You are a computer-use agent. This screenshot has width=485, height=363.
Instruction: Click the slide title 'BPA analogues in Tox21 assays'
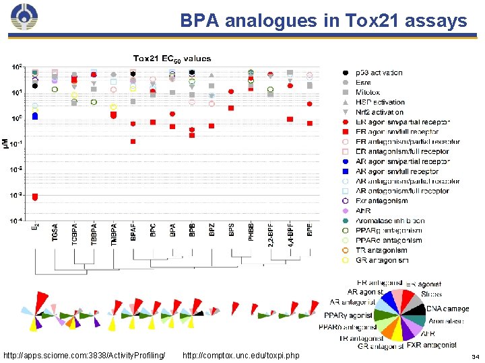click(x=323, y=21)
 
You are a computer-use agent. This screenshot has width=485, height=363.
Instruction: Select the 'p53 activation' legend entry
click(x=379, y=73)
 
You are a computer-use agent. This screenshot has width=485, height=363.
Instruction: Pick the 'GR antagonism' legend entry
click(x=383, y=260)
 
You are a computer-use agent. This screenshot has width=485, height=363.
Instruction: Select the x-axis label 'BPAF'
click(x=133, y=232)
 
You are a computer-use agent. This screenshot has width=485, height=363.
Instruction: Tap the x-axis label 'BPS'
click(x=231, y=230)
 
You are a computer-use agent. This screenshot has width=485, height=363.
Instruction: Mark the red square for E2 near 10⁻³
click(x=35, y=196)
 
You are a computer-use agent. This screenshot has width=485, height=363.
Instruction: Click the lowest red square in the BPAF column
click(x=133, y=141)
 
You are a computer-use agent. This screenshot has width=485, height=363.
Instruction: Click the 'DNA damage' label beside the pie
click(x=447, y=309)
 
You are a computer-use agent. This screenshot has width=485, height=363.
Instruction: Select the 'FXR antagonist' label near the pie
click(x=431, y=346)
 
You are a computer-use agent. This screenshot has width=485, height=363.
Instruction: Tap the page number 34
click(x=476, y=356)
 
